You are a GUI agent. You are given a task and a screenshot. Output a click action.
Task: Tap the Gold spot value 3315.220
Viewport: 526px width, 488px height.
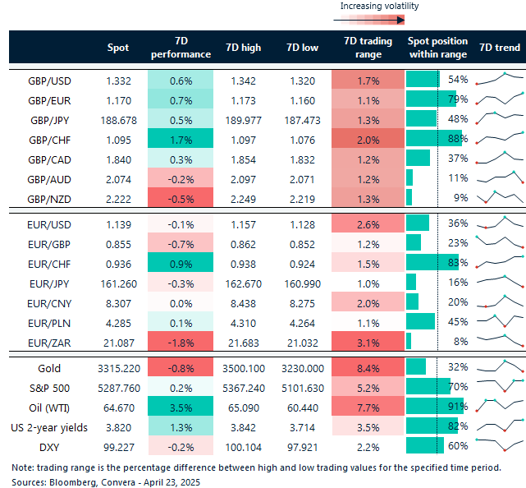118,367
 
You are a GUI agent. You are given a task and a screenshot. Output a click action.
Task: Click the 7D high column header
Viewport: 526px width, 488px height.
243,48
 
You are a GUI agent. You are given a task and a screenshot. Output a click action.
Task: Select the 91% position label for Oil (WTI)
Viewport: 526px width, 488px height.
458,407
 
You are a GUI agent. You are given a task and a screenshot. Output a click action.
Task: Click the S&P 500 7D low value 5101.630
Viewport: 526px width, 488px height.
299,387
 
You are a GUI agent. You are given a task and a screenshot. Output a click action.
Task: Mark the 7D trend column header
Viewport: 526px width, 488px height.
499,48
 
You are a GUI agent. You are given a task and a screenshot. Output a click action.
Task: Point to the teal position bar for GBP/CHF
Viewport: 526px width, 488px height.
434,139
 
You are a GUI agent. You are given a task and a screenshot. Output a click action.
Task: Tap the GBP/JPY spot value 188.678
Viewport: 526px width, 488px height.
118,119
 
